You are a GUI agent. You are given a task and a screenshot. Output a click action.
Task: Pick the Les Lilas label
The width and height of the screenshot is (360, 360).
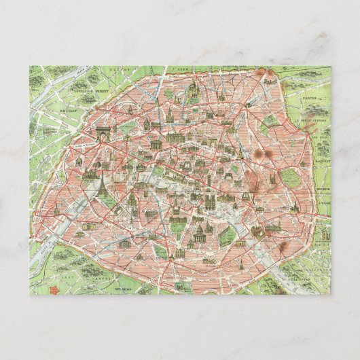(320, 139)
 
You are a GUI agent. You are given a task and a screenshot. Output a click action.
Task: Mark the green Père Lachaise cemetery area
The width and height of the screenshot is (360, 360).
(291, 179)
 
